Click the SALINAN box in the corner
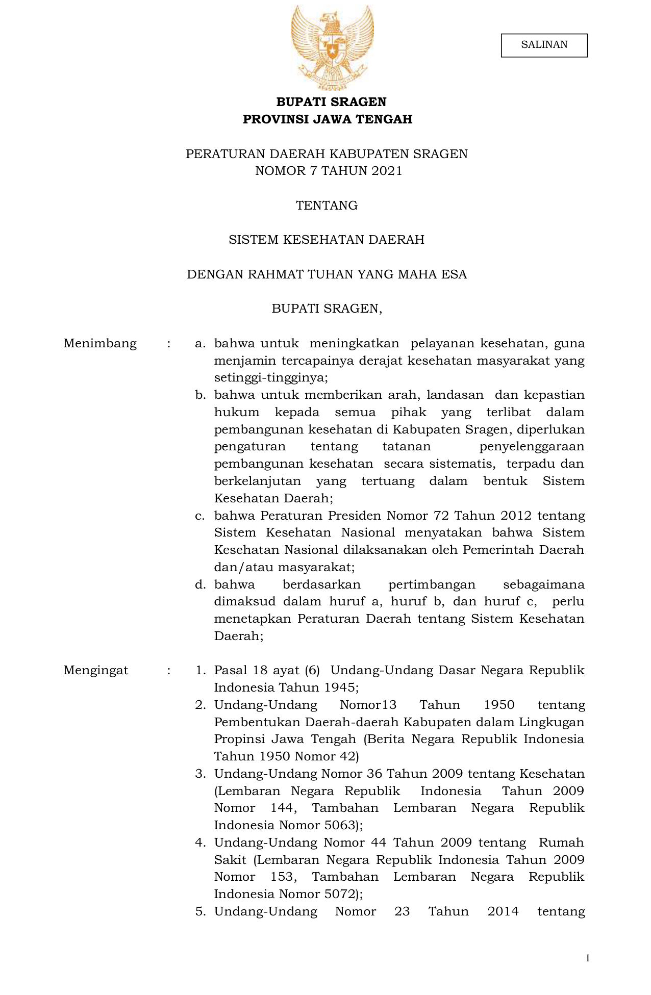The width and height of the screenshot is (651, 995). tap(544, 45)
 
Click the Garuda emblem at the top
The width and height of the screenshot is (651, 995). tap(332, 47)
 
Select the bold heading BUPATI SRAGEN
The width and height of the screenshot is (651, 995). tap(331, 102)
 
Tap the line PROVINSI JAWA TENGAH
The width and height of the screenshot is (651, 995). tap(328, 119)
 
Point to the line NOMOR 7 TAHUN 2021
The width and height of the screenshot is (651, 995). tap(329, 171)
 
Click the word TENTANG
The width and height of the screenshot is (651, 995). tap(327, 206)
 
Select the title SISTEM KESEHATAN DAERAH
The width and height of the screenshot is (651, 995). tap(327, 240)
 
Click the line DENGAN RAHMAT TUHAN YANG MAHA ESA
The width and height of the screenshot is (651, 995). tap(327, 274)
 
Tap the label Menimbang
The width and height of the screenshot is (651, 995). tap(100, 343)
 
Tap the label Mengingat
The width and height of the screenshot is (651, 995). tap(96, 670)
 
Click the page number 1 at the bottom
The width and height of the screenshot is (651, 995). tap(588, 958)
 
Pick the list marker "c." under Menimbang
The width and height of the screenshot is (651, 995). tap(200, 516)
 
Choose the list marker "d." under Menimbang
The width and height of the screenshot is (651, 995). tap(200, 584)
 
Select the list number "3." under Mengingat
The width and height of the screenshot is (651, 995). tap(200, 774)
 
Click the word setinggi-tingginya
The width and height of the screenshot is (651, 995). tap(269, 378)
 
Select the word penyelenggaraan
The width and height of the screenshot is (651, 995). tap(532, 447)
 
